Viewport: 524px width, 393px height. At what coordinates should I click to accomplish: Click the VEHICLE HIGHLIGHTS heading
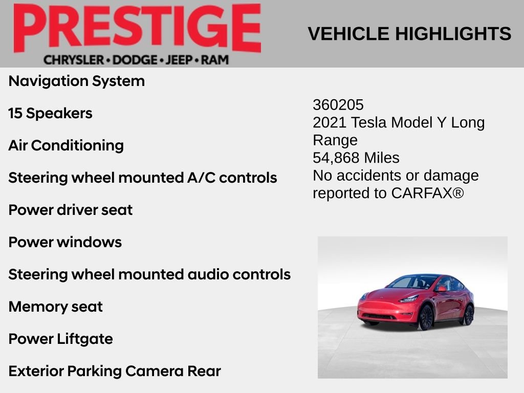[409, 34]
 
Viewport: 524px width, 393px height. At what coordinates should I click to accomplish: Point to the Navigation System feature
[77, 81]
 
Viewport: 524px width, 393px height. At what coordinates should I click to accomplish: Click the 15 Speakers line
[50, 113]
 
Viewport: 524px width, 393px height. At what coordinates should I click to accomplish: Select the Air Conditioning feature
[66, 145]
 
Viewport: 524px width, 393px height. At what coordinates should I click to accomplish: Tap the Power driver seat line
[71, 210]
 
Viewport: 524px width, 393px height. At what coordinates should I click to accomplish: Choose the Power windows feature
[65, 242]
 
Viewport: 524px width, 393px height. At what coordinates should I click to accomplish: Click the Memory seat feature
[56, 307]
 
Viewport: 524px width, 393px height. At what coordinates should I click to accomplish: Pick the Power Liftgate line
[61, 339]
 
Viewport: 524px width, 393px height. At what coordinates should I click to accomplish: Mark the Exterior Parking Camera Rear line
[115, 371]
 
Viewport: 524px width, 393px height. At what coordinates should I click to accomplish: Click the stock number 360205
[338, 105]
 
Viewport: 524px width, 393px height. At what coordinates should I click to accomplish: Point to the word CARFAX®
[427, 193]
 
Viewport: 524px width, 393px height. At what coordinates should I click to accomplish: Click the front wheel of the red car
[426, 317]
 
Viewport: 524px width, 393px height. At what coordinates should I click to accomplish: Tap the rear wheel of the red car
[468, 314]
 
